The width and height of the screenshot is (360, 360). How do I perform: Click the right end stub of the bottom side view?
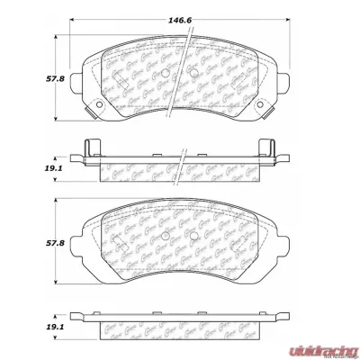(x=290, y=318)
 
